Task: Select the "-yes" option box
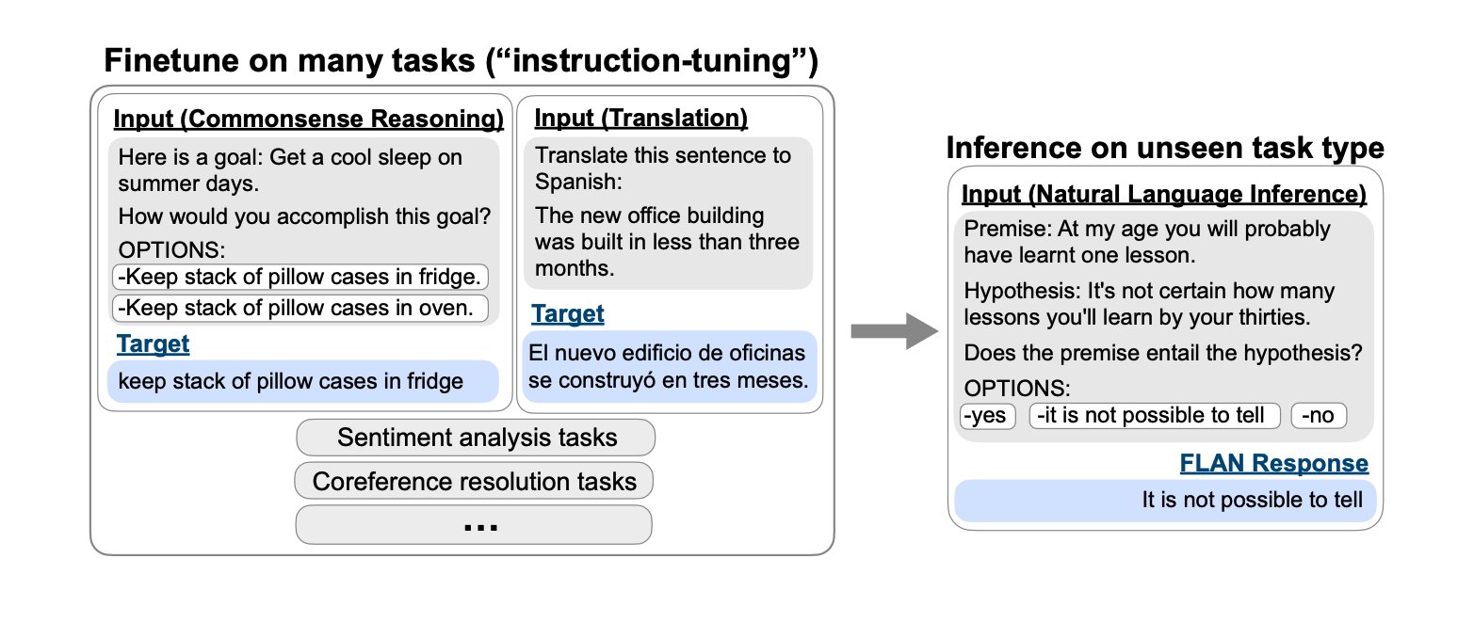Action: tap(987, 415)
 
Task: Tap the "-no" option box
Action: tap(1319, 415)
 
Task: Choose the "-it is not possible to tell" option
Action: tap(1155, 415)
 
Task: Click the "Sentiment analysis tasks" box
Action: tap(475, 438)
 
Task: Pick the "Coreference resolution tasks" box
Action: tap(474, 482)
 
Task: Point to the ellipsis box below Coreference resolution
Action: tap(474, 524)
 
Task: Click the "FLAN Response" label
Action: tap(1273, 463)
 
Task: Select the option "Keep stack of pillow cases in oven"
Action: tap(300, 308)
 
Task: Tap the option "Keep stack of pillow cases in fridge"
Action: tap(300, 278)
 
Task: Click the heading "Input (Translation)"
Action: tap(641, 118)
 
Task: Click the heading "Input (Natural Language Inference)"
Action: tap(1163, 195)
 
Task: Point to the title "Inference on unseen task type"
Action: tap(1164, 149)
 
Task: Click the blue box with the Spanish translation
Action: tap(670, 368)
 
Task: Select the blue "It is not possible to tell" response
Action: tap(1164, 500)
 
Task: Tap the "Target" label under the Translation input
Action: tap(567, 313)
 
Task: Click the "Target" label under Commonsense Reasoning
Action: tap(153, 344)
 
